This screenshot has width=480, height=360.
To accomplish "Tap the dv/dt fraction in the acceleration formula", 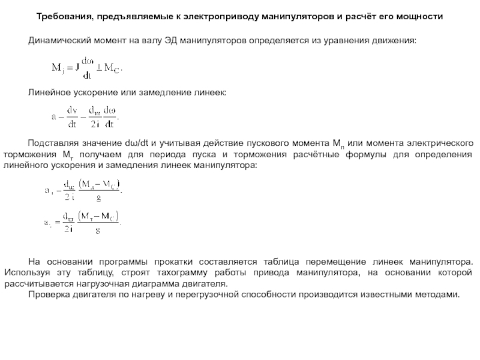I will (x=73, y=117).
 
